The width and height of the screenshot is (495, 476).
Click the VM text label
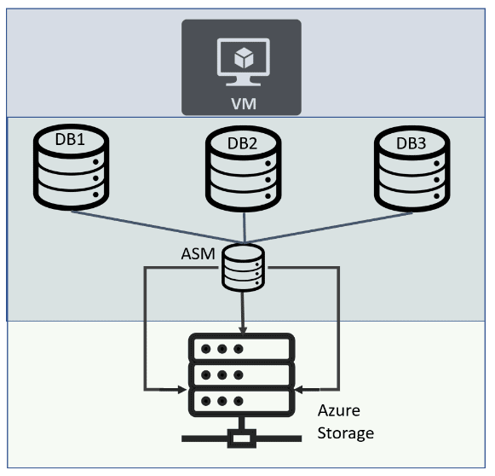(x=244, y=104)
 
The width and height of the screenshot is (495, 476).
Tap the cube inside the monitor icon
(x=244, y=58)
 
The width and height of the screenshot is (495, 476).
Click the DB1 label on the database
(x=70, y=139)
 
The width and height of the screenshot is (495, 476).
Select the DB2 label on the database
(x=243, y=143)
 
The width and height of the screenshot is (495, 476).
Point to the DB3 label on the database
(x=411, y=143)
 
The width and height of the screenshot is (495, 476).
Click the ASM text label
(x=198, y=254)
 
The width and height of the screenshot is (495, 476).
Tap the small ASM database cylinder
(x=243, y=267)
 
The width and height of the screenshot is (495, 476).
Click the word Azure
(x=339, y=410)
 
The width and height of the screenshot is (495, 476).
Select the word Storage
(x=346, y=433)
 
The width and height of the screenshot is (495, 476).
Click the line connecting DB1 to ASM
(x=158, y=227)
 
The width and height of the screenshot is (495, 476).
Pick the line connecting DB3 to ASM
(x=328, y=228)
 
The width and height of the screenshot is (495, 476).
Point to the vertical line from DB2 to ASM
(x=244, y=228)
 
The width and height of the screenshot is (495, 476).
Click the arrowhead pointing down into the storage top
(x=243, y=328)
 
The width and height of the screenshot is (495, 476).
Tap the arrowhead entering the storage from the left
(x=183, y=390)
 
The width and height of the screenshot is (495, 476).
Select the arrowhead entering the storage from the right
(x=299, y=390)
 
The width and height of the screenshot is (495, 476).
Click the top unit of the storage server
(x=241, y=348)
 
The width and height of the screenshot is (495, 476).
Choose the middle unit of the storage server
(x=241, y=374)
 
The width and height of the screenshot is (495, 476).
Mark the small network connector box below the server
(x=241, y=438)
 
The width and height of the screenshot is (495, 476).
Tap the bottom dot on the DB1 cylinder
(x=95, y=194)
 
